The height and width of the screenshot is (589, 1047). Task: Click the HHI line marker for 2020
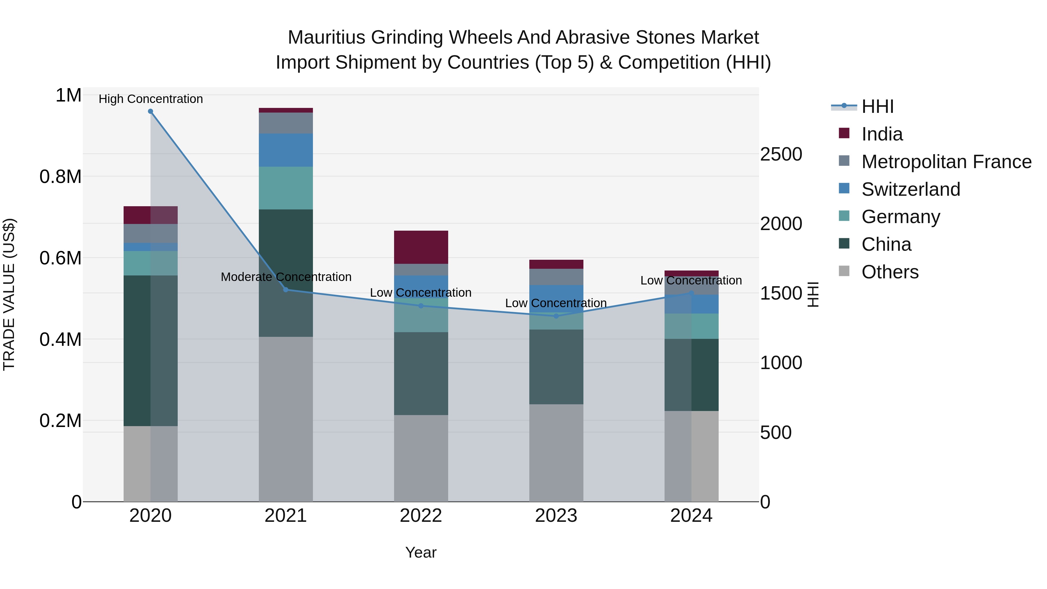150,111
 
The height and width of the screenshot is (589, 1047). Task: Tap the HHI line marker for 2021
286,290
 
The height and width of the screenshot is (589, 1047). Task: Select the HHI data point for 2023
556,316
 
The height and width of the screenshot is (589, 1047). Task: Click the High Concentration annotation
150,99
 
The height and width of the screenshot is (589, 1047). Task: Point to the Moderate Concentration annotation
286,277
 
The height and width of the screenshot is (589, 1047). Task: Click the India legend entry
882,134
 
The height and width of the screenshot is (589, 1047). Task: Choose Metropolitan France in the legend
946,162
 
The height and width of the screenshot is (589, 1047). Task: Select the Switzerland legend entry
910,189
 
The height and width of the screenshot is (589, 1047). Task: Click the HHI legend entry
877,106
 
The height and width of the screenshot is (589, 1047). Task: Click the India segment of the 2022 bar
421,247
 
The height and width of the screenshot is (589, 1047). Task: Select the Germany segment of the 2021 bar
286,188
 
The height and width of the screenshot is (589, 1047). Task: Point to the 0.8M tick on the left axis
60,177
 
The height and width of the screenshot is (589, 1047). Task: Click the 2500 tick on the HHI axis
781,154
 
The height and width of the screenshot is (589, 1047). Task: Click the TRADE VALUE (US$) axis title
9,294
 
